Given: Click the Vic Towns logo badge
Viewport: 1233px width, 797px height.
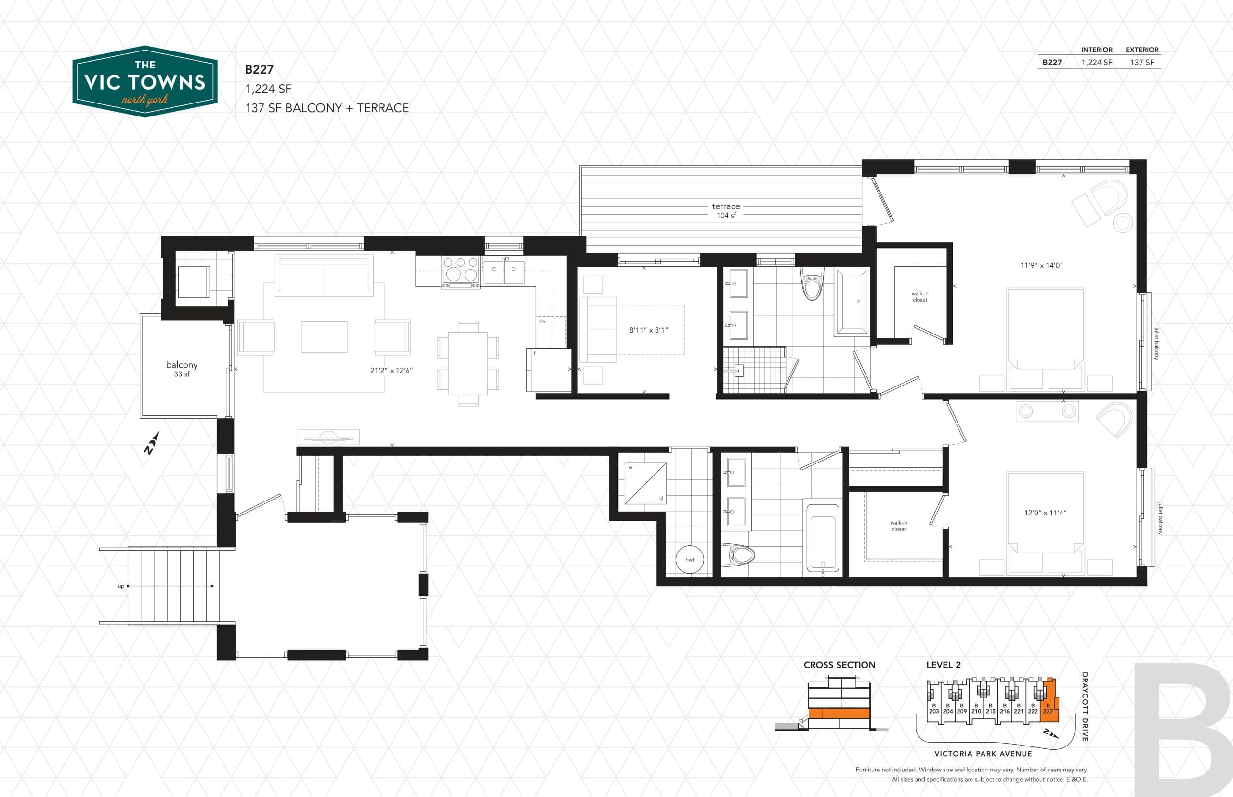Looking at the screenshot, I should [x=144, y=82].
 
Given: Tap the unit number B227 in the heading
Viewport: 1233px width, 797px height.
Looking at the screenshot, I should [x=259, y=69].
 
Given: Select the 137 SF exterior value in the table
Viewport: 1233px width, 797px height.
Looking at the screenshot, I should [x=1142, y=63].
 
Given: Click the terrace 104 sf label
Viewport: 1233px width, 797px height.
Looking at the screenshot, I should [x=726, y=211].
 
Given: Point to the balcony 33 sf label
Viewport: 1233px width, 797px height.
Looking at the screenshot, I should [x=181, y=369].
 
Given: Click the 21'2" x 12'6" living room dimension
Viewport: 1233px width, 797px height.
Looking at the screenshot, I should [x=392, y=371].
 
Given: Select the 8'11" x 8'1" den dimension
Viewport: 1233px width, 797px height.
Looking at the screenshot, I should [x=649, y=330].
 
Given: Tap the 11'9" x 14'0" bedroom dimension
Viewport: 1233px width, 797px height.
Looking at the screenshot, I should [x=1041, y=266].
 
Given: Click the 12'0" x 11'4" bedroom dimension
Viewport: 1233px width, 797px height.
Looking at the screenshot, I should [x=1045, y=513].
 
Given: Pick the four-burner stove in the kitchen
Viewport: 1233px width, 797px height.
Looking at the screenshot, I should [x=460, y=272].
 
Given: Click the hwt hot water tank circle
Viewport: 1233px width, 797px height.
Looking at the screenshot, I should [x=690, y=559].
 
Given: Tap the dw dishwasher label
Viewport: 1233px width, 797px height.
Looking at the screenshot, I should [x=542, y=321].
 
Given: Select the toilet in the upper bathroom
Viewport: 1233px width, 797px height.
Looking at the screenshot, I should [x=812, y=284].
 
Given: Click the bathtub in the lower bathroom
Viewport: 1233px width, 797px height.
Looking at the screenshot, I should [x=822, y=537].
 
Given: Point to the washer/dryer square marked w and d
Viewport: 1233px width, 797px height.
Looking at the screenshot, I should [x=645, y=483].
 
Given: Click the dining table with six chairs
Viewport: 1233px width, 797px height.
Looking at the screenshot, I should [x=468, y=363].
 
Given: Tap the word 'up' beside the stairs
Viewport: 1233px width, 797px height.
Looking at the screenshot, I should [x=121, y=586].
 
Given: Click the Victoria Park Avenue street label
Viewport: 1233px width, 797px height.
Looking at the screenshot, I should [x=983, y=754].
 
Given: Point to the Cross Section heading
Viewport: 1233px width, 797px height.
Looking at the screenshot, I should [x=839, y=665].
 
